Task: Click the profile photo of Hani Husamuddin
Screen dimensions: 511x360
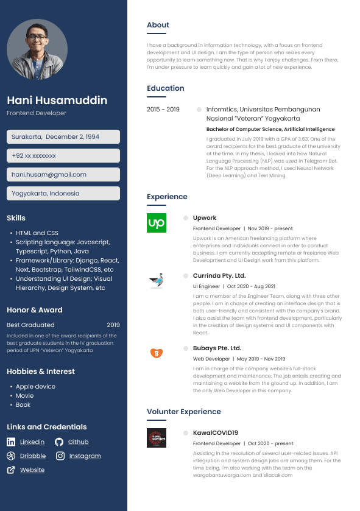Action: point(37,49)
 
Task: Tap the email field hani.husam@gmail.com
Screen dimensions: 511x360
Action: point(63,174)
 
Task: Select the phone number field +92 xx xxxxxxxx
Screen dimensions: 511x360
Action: point(63,155)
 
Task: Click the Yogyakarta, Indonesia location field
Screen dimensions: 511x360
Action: point(63,193)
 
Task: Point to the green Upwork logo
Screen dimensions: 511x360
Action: point(157,223)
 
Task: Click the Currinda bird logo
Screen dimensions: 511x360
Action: point(157,281)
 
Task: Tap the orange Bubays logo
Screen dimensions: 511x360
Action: point(156,353)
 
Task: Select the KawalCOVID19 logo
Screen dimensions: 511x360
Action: point(157,438)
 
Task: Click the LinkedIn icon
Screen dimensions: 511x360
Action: point(11,442)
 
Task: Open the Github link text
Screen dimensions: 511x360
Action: point(78,442)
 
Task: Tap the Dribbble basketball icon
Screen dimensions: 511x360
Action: point(11,456)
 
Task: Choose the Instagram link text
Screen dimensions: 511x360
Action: point(85,456)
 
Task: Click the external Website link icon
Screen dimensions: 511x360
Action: point(11,470)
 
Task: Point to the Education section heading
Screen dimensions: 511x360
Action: point(165,88)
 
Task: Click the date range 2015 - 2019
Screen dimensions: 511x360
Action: point(163,110)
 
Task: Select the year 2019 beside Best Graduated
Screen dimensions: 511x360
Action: point(113,325)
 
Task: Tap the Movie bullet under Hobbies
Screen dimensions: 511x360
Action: point(24,395)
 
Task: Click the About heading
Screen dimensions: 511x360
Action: point(158,25)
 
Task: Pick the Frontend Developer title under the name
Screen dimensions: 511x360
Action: point(37,113)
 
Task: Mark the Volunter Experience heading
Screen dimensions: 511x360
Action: point(183,412)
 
